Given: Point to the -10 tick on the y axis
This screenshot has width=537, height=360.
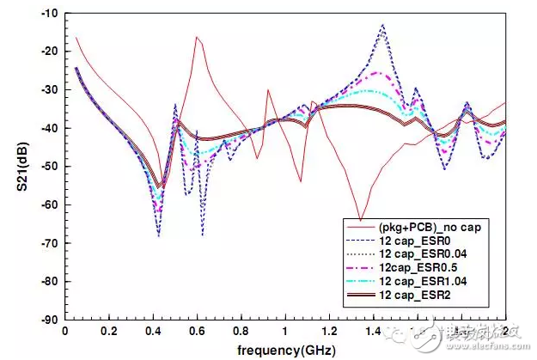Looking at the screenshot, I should coord(49,14).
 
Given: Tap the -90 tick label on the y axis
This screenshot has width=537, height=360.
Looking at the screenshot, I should coord(49,320).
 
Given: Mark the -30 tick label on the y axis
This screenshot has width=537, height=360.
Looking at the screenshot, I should coord(49,90).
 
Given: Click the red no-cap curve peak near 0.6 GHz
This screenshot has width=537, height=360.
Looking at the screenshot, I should coord(197,37).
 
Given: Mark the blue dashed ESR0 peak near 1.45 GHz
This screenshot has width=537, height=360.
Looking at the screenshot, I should coord(382,26).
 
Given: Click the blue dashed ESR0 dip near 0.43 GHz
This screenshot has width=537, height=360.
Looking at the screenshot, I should coord(159,235).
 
